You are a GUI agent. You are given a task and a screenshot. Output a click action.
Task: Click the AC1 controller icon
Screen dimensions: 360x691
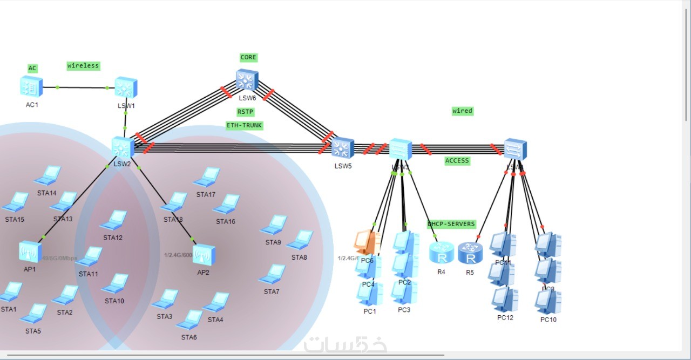(31, 87)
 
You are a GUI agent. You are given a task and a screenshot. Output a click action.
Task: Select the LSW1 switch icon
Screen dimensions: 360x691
(126, 87)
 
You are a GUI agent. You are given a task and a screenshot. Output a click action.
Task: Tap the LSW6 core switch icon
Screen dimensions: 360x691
(247, 80)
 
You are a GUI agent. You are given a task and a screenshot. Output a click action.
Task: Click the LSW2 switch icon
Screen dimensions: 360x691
(123, 147)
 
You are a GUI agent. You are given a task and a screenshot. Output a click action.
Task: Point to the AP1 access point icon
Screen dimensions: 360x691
(30, 252)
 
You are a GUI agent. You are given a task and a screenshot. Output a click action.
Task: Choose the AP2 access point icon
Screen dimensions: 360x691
(204, 255)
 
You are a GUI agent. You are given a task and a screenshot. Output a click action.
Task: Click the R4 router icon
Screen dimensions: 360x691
(441, 253)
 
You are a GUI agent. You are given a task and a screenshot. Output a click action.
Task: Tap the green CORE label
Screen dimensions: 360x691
(248, 57)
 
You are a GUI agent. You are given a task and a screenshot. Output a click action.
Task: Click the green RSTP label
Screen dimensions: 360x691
(245, 112)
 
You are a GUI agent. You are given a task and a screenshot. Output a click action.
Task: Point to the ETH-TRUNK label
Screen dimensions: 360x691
(245, 125)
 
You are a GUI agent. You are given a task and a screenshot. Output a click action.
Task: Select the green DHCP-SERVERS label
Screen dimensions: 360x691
(451, 224)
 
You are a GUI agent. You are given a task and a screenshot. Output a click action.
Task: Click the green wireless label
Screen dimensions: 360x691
(83, 66)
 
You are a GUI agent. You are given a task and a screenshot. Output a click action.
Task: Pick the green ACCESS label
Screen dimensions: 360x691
(457, 160)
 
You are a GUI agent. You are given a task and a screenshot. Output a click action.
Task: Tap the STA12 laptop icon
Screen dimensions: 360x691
(114, 220)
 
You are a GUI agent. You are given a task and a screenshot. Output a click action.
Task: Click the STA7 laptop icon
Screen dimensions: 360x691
(272, 274)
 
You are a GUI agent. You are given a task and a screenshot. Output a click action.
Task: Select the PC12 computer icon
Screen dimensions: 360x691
(505, 299)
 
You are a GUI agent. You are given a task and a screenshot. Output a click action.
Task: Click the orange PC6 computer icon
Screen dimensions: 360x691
(368, 242)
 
